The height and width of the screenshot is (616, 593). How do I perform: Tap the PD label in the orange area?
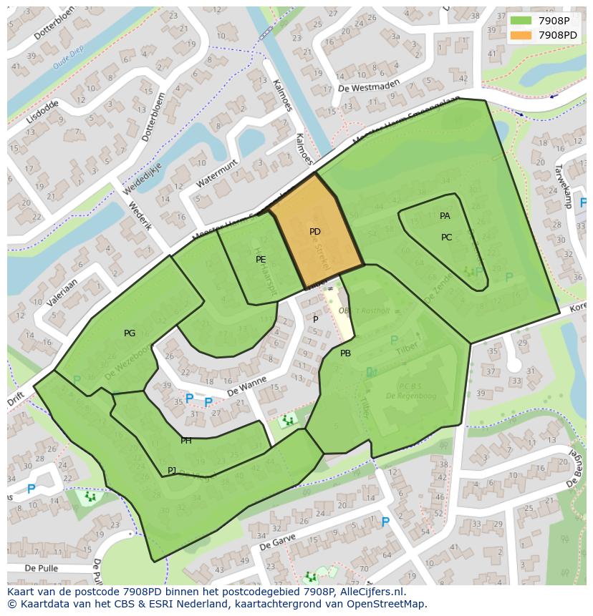point(315,232)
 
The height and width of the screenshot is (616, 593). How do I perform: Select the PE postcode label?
point(261,260)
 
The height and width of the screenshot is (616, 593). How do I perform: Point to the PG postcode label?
point(130,333)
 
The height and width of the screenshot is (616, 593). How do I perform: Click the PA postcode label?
point(445,216)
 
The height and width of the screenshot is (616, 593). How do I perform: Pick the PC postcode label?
point(446,238)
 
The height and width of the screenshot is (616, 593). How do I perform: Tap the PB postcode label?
point(345,353)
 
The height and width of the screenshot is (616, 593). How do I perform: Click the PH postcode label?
point(186,441)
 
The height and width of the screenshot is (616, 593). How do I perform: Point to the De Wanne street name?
point(247,386)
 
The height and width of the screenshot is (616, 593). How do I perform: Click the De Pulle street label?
point(40,568)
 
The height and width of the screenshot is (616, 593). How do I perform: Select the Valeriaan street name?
point(62,293)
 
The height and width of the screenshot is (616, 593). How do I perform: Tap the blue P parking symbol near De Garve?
point(385,522)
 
